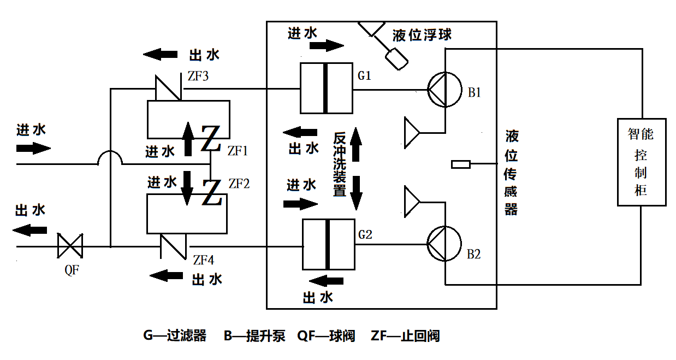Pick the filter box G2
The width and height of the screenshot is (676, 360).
[x=328, y=244]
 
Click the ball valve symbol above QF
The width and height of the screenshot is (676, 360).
[x=70, y=246]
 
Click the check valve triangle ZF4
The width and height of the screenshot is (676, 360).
[x=174, y=245]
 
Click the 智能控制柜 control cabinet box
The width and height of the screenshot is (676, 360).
[x=642, y=162]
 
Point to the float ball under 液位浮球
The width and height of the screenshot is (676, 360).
[x=395, y=58]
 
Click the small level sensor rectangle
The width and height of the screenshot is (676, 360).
[x=461, y=164]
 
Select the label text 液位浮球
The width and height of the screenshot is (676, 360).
[x=422, y=36]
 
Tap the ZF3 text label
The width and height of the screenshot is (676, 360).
[x=198, y=76]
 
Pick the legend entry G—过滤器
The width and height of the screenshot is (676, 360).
[x=175, y=335]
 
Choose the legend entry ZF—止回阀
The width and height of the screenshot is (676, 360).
[x=405, y=335]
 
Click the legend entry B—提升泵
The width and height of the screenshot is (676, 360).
[x=254, y=335]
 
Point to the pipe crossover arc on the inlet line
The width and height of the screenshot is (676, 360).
[x=110, y=158]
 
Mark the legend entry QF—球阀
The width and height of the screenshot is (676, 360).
[x=326, y=335]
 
